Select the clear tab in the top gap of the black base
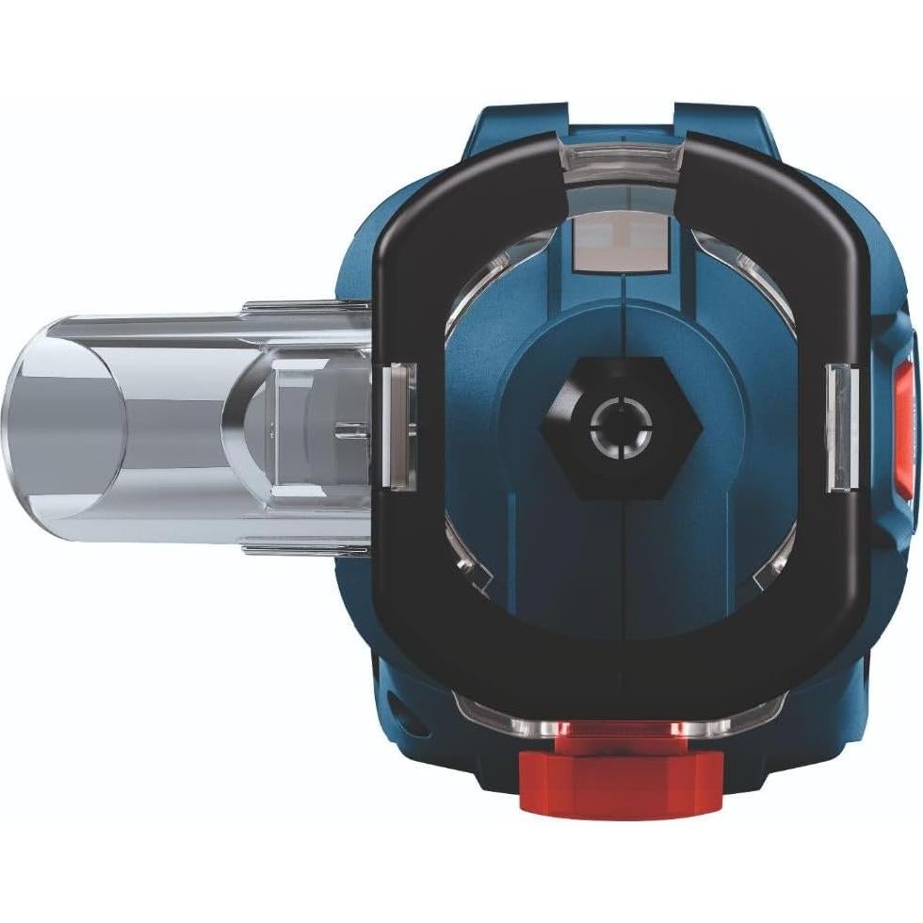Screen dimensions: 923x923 coord(620,156)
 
